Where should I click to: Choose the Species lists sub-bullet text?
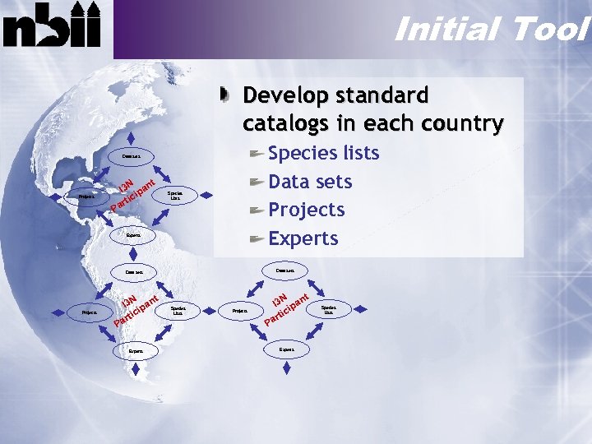324,153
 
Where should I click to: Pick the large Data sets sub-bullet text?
310,182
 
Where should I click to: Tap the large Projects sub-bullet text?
306,210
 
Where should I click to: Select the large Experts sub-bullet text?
303,238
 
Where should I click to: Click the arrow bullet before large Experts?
257,239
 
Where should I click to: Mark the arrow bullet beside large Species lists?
257,154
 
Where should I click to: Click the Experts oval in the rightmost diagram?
287,349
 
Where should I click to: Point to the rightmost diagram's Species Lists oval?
329,309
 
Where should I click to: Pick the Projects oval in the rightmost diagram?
240,312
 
